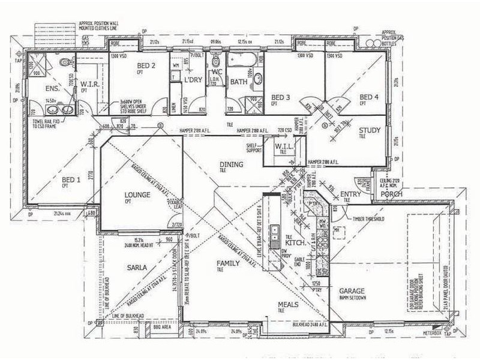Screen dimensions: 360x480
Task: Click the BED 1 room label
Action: coord(71,179)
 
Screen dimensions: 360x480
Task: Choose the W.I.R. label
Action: coord(91,85)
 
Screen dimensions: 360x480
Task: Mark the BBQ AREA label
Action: coord(163,329)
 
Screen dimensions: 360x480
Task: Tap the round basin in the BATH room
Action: coord(259,78)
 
